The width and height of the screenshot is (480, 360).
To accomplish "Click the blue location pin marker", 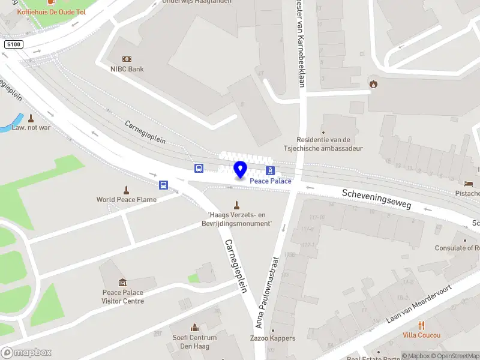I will tap(240, 170).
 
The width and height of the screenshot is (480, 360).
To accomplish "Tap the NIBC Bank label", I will tap(127, 69).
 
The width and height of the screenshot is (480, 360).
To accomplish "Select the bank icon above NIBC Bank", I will tap(127, 59).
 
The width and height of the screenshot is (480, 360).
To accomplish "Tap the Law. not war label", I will tap(31, 128).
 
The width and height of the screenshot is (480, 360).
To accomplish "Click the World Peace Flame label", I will tap(127, 200).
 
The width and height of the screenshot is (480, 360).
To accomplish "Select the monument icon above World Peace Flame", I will tap(126, 189).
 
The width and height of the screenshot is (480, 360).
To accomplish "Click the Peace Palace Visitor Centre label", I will tap(123, 297).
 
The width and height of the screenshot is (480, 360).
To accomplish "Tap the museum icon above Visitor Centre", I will tap(123, 283).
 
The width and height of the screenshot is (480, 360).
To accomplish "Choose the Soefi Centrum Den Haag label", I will tap(194, 341).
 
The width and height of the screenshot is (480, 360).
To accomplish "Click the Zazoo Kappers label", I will tap(273, 338).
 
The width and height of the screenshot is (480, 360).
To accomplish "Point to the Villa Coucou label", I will tap(421, 335).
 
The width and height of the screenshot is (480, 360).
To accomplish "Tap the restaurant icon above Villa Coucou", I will tap(421, 325).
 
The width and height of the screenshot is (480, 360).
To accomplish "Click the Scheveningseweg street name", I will tap(377, 200).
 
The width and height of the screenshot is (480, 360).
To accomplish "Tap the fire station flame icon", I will tap(373, 83).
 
